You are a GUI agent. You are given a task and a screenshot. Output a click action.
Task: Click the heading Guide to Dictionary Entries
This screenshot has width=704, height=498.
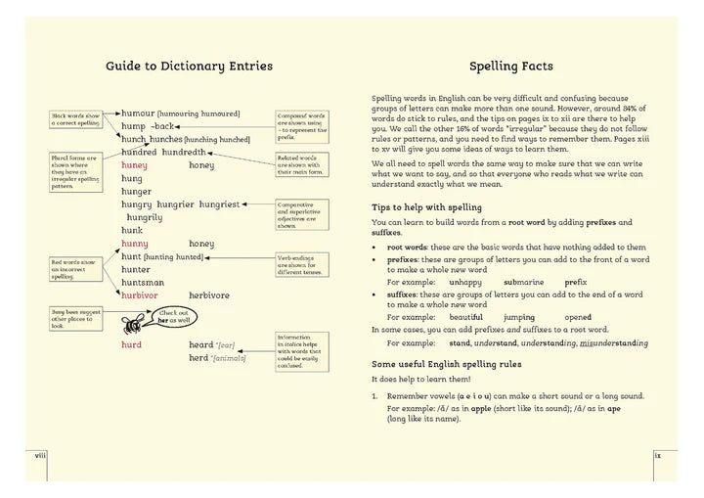pyautogui.click(x=189, y=67)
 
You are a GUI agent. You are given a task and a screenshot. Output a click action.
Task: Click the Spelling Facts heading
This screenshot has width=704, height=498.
pyautogui.click(x=510, y=67)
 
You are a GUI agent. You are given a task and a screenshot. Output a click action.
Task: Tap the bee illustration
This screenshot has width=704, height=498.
pyautogui.click(x=131, y=324)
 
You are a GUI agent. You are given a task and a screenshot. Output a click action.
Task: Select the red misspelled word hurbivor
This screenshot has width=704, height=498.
pyautogui.click(x=140, y=294)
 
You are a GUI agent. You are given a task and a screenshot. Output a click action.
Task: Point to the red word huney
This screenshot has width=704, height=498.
pyautogui.click(x=135, y=165)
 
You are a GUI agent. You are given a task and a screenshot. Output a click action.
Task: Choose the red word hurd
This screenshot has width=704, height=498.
pyautogui.click(x=132, y=345)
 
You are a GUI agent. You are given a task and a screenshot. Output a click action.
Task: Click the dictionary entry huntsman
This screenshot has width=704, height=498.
pyautogui.click(x=143, y=282)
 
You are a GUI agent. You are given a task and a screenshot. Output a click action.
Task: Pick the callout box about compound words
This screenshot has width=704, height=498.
pyautogui.click(x=303, y=126)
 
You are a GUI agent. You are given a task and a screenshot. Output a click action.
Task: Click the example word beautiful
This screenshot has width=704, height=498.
pyautogui.click(x=465, y=317)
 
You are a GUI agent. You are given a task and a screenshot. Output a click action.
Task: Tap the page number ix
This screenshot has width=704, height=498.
pyautogui.click(x=659, y=455)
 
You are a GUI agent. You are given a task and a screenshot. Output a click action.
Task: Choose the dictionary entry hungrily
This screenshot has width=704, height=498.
pyautogui.click(x=144, y=217)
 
